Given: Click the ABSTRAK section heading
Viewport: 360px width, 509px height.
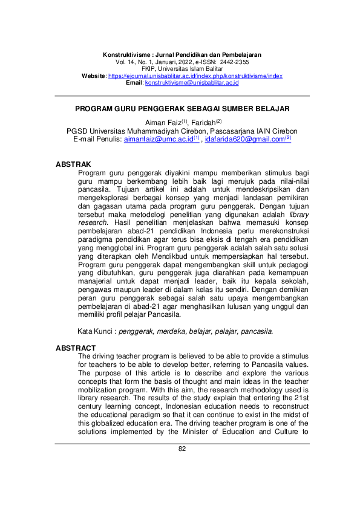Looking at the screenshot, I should [73, 164].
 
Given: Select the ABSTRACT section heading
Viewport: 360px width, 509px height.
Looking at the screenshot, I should [76, 348].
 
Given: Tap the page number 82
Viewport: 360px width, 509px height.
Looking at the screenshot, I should [182, 449].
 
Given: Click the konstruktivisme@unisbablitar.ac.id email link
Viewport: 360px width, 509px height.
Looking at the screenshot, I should [192, 82].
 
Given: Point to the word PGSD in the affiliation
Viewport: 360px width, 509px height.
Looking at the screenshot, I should [76, 131].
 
